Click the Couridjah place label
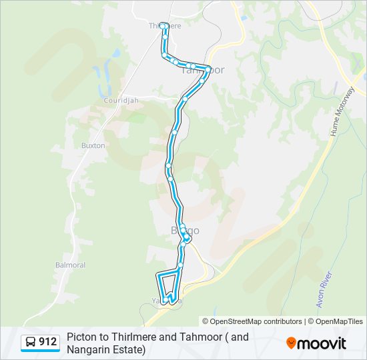121,101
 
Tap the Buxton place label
93,145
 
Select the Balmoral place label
70,265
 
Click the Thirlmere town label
165,25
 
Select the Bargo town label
184,231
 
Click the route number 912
47,343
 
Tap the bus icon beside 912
31,343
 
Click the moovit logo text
322,343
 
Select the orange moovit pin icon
291,343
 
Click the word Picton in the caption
81,337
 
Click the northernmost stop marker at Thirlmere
162,26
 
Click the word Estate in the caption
126,349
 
